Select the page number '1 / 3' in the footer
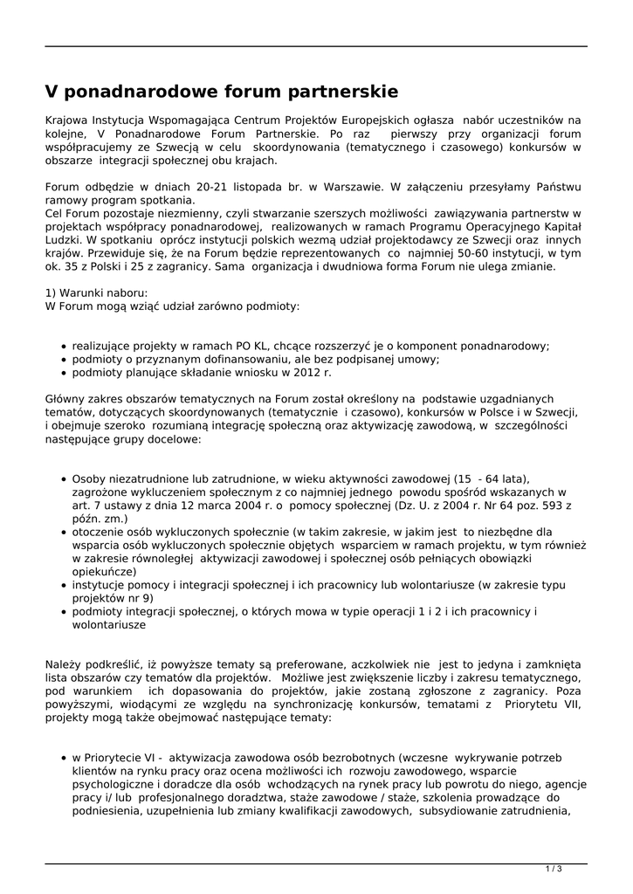pos(554,868)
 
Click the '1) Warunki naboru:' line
pos(97,292)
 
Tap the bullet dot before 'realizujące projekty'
pos(65,347)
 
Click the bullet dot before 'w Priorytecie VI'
pos(65,759)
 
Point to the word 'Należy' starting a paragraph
pos(64,665)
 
